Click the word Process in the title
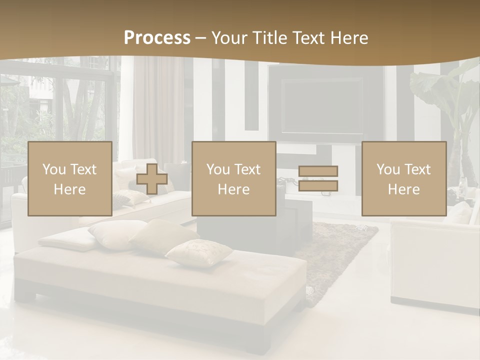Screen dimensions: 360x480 click(x=157, y=38)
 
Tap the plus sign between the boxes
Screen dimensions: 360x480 click(x=152, y=178)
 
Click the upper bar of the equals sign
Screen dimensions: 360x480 click(x=318, y=171)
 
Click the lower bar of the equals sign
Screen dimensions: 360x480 click(x=318, y=186)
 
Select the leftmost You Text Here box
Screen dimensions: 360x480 click(x=69, y=178)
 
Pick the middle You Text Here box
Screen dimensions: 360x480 click(x=233, y=178)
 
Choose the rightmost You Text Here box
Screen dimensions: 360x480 click(x=403, y=178)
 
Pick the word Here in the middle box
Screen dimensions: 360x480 click(x=233, y=189)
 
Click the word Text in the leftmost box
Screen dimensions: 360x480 click(x=83, y=169)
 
